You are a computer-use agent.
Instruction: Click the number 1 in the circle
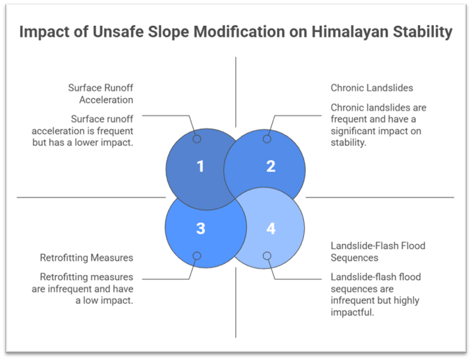pyautogui.click(x=201, y=166)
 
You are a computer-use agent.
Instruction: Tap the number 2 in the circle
pyautogui.click(x=270, y=166)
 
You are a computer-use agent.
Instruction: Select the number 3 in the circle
pyautogui.click(x=201, y=228)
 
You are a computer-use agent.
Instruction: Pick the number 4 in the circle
pyautogui.click(x=270, y=228)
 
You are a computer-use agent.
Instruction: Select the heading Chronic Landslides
pyautogui.click(x=371, y=88)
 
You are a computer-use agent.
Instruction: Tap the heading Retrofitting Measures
pyautogui.click(x=86, y=258)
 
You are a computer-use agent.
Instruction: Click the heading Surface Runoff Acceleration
pyautogui.click(x=101, y=93)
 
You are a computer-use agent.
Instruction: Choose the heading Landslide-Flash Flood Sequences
pyautogui.click(x=377, y=251)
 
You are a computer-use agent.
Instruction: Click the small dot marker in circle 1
pyautogui.click(x=196, y=139)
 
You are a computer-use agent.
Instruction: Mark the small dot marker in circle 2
pyautogui.click(x=267, y=139)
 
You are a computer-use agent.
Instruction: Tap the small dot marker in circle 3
pyautogui.click(x=196, y=256)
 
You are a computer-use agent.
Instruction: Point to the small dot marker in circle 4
pyautogui.click(x=267, y=256)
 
